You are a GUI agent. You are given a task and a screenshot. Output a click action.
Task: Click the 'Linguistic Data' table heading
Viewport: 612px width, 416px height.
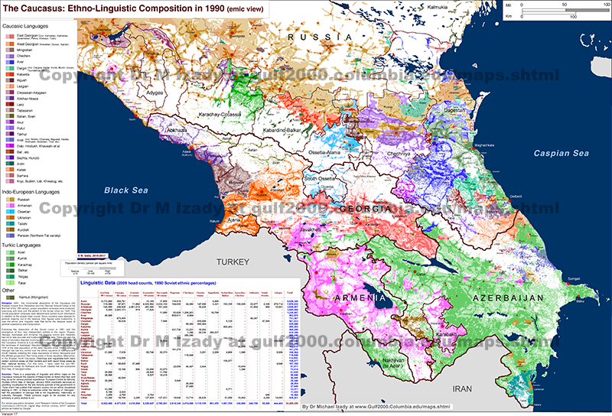tap(112, 284)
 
